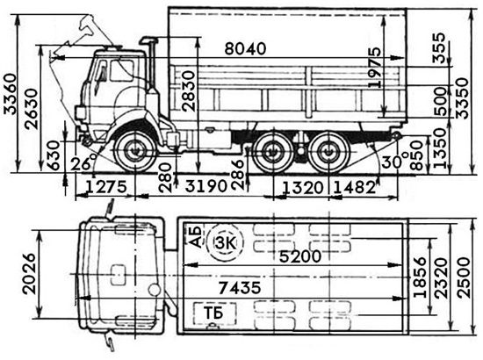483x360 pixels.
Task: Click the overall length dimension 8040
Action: tap(245, 49)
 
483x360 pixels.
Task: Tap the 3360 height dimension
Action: tap(11, 94)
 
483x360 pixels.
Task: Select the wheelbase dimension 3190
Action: tap(205, 186)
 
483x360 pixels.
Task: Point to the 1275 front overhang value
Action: tap(105, 187)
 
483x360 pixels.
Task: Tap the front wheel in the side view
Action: tap(134, 151)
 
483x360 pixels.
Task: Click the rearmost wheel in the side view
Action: tap(329, 153)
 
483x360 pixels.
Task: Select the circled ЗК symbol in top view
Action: tap(225, 242)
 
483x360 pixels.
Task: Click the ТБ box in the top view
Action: tap(214, 313)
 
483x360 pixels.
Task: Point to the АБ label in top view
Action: tap(195, 236)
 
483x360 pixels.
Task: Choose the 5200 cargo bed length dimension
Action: tap(300, 256)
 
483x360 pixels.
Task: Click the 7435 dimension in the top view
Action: tap(240, 288)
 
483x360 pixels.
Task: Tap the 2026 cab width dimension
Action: tap(30, 273)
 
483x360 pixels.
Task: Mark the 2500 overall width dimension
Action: tap(464, 277)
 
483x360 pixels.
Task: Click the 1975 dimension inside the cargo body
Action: tap(375, 68)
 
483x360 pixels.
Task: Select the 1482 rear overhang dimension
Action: tap(354, 187)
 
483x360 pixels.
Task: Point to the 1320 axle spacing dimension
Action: tap(303, 188)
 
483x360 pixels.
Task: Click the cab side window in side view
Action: tap(122, 71)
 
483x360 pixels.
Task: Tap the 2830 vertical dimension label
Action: tap(189, 90)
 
